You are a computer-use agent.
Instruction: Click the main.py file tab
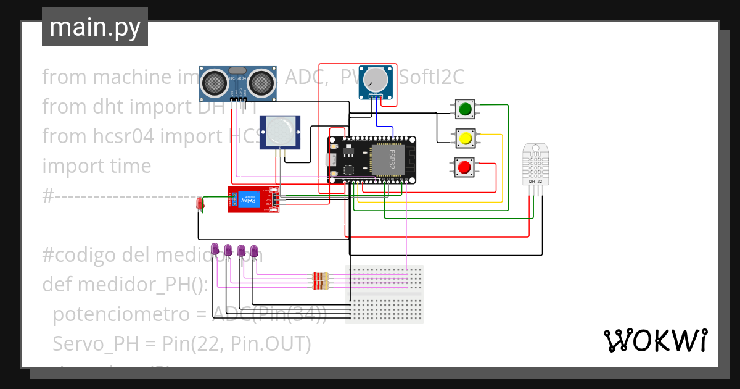[x=94, y=27]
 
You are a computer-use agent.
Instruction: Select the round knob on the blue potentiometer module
[x=376, y=79]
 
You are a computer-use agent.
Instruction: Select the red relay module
[x=253, y=199]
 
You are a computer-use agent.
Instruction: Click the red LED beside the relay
[x=199, y=203]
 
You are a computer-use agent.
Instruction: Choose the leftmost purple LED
[x=215, y=249]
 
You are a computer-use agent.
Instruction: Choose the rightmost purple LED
[x=254, y=250]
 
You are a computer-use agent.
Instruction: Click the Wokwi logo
[x=655, y=340]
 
